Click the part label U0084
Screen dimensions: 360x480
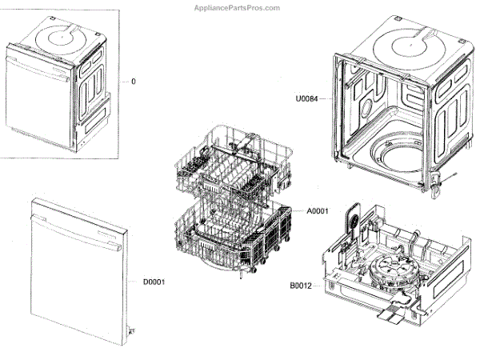(x=306, y=99)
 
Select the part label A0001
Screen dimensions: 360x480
(x=318, y=211)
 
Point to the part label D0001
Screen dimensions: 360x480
(x=154, y=281)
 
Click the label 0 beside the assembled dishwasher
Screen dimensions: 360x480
(x=133, y=82)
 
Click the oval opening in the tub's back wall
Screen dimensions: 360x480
(x=370, y=108)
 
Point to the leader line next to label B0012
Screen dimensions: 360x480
(x=319, y=285)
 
